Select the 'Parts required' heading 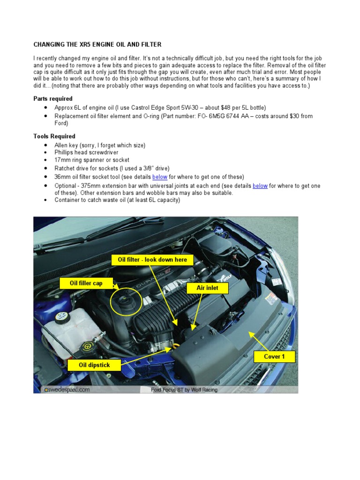point(52,99)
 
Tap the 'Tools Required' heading point(54,136)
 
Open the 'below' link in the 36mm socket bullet point(159,177)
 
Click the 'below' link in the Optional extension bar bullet point(260,186)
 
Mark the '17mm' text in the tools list point(63,160)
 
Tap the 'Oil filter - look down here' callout point(152,260)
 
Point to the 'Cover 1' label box point(274,356)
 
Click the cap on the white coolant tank point(60,317)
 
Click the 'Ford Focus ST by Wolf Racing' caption point(184,389)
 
